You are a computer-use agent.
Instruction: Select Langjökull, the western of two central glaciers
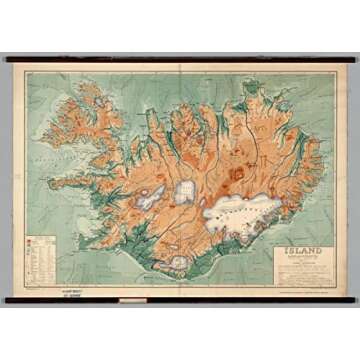pyautogui.click(x=153, y=195)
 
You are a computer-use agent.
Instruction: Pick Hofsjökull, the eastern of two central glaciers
pyautogui.click(x=185, y=189)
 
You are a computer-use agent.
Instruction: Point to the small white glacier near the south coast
pyautogui.click(x=179, y=261)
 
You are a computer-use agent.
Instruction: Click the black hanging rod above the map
pyautogui.click(x=180, y=58)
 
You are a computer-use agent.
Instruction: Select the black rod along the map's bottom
pyautogui.click(x=180, y=298)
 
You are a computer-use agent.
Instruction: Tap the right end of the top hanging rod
pyautogui.click(x=353, y=58)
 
